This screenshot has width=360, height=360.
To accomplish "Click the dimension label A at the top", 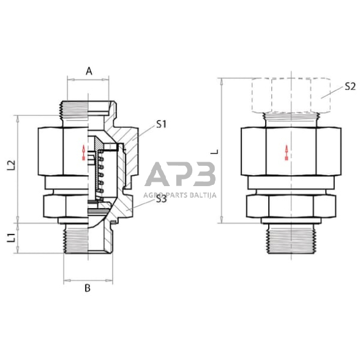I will tap(89, 71).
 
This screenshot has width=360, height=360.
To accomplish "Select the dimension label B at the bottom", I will tap(87, 288).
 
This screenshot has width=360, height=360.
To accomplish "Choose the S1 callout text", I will tap(162, 124).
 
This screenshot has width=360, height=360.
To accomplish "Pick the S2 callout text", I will tap(350, 86).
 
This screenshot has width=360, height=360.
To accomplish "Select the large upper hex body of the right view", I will tap(288, 150).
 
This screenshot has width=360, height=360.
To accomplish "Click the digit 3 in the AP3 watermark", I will tap(201, 176).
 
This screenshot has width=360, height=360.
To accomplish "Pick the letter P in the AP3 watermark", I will tap(179, 176).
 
